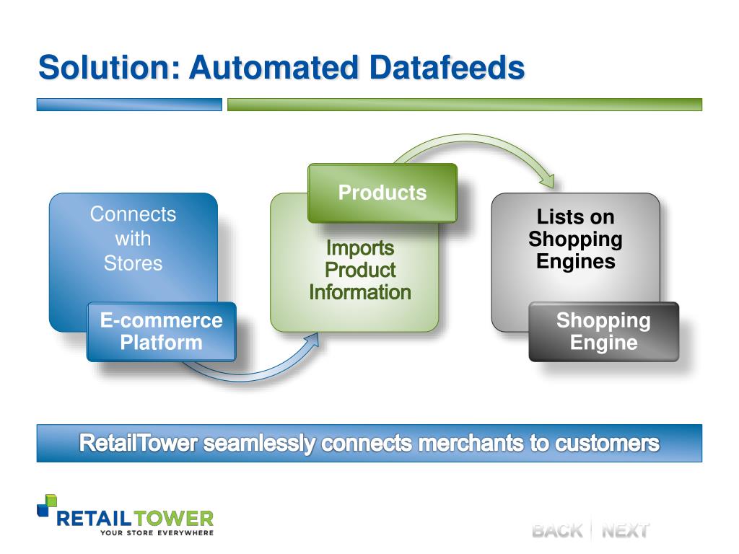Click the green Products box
coord(382,193)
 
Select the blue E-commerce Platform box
coord(162,331)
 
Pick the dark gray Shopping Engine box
coord(603,331)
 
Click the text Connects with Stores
coord(134,239)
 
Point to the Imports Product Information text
coord(360,271)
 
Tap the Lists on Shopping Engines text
coord(575,239)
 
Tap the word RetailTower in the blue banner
coord(138,442)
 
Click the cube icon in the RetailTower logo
coord(48,503)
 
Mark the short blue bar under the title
coord(129,105)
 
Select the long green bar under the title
coord(464,105)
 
